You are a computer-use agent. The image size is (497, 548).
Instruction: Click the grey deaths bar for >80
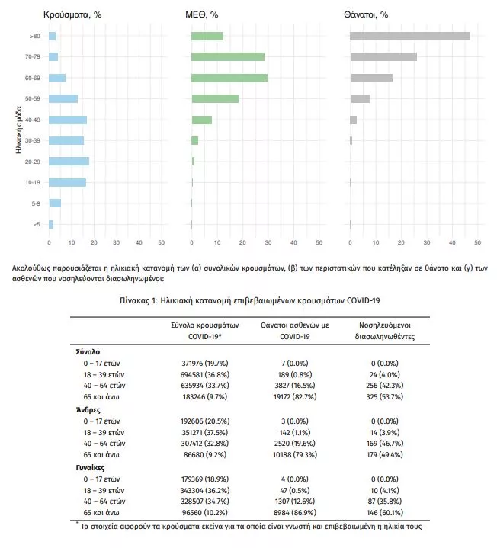(409, 36)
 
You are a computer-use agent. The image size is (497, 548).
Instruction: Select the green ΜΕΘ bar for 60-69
(229, 78)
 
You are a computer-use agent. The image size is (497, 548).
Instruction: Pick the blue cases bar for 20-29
(69, 161)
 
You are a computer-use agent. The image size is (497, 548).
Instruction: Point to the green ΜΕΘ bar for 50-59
(215, 98)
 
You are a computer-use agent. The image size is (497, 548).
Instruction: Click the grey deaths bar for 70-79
(383, 56)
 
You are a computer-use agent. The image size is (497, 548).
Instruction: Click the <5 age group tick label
(36, 224)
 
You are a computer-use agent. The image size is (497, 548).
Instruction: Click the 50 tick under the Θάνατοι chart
(477, 243)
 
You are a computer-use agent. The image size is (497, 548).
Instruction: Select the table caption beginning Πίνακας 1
(248, 300)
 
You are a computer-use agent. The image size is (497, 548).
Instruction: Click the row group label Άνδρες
(88, 409)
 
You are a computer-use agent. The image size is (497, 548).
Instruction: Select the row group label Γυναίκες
(91, 467)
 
